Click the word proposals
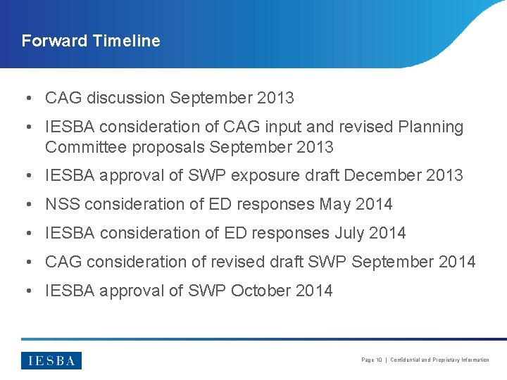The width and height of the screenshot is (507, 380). click(x=170, y=148)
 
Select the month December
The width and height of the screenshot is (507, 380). click(x=384, y=176)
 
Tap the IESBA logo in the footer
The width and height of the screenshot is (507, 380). click(x=51, y=360)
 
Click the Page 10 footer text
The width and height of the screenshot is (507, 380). click(x=371, y=360)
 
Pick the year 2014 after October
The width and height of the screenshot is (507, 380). click(x=314, y=291)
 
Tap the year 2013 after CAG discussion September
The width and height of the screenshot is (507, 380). click(x=275, y=99)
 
